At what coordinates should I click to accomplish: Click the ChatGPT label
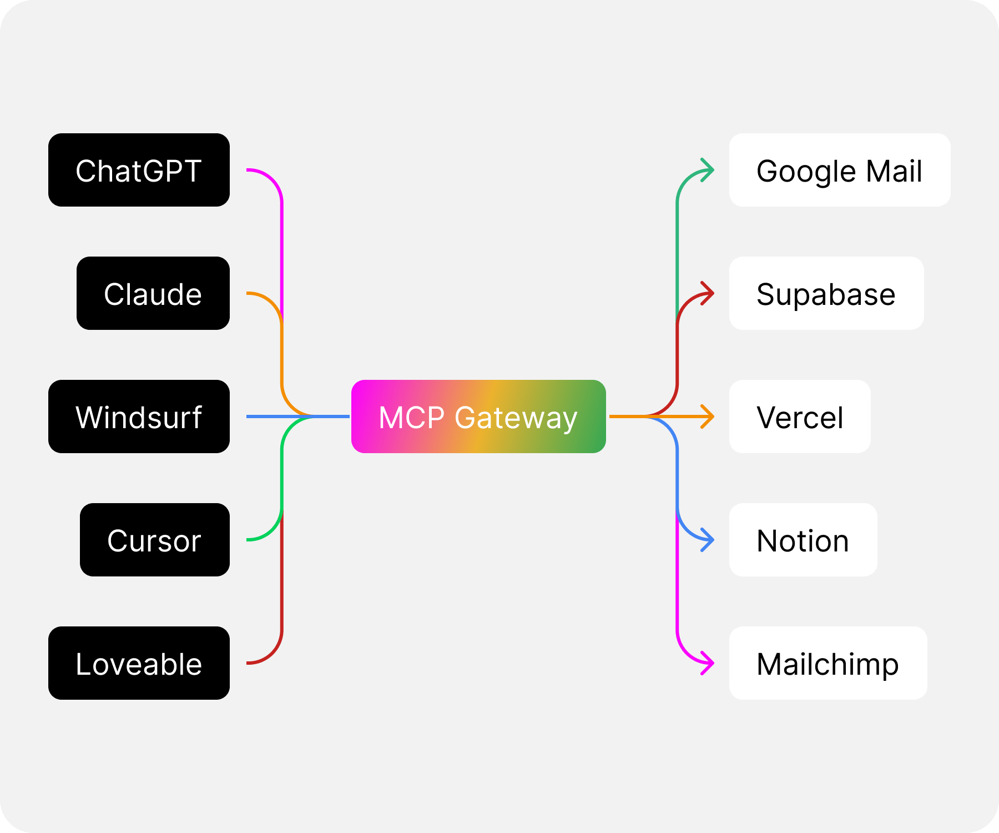click(138, 171)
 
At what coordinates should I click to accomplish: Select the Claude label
click(153, 294)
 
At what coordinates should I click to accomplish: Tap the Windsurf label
click(138, 418)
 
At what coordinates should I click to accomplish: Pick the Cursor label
click(154, 541)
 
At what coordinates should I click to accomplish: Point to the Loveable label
click(138, 664)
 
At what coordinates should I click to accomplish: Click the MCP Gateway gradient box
click(478, 416)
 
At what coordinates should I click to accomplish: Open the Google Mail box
click(839, 170)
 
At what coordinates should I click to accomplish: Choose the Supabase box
click(826, 293)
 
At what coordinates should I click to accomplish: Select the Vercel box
click(799, 416)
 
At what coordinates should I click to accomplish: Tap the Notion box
click(803, 540)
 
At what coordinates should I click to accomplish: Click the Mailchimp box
click(828, 663)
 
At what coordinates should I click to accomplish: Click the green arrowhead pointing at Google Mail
click(708, 170)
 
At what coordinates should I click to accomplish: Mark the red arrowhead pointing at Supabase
click(708, 293)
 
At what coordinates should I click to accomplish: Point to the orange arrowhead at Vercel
click(708, 416)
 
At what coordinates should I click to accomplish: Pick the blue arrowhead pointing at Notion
click(708, 540)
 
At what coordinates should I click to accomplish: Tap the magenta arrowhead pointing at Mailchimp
click(708, 663)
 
